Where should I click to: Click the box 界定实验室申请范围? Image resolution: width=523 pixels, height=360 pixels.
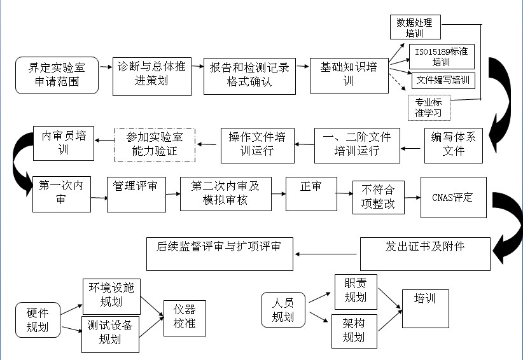click(x=57, y=75)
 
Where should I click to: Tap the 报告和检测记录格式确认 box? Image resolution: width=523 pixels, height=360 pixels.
click(x=249, y=75)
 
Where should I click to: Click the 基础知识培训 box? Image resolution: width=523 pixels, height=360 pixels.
click(x=349, y=74)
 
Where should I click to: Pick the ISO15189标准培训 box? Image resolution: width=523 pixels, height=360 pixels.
click(x=441, y=56)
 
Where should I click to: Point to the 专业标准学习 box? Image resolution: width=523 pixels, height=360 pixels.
click(x=429, y=107)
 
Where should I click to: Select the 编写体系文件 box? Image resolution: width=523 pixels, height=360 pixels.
click(x=454, y=145)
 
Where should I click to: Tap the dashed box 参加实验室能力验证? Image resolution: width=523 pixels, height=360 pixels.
click(x=155, y=144)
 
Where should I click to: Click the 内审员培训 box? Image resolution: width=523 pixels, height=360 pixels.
click(x=64, y=143)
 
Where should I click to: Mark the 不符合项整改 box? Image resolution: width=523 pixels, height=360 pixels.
click(x=378, y=198)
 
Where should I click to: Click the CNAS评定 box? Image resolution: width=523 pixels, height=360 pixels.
click(x=453, y=197)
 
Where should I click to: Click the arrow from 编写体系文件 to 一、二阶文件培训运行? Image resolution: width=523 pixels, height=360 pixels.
click(x=412, y=149)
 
